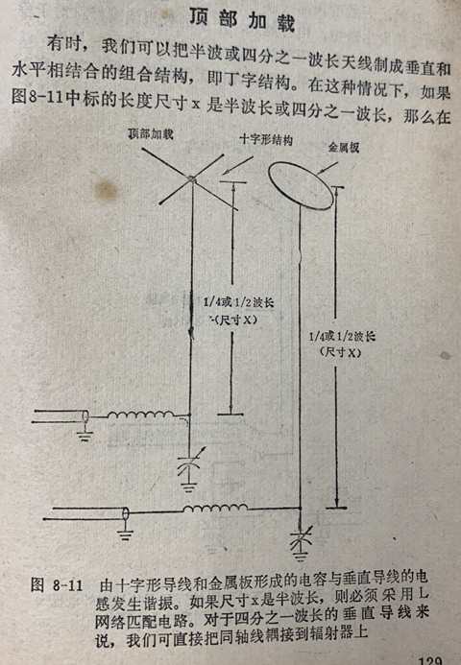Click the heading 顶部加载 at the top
(x=242, y=19)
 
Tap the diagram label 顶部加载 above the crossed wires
(x=151, y=134)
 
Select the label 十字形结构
(x=266, y=139)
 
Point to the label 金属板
(x=344, y=147)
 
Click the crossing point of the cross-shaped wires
(x=192, y=179)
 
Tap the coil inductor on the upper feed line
(x=141, y=415)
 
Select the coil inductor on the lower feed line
(x=215, y=508)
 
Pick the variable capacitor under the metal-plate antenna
(x=301, y=537)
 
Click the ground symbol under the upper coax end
(x=85, y=435)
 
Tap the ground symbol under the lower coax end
(x=125, y=533)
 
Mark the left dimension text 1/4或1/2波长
(x=238, y=302)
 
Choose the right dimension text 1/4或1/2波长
(x=342, y=337)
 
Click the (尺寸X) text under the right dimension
(x=340, y=352)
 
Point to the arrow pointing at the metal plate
(x=328, y=168)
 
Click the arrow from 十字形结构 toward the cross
(x=238, y=165)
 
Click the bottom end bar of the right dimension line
(x=336, y=508)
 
